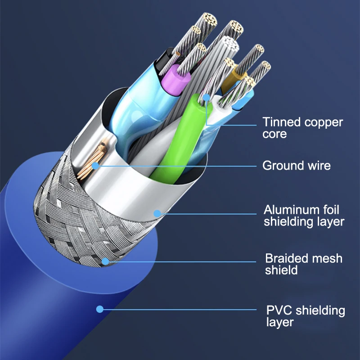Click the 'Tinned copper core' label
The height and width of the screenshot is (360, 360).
click(302, 128)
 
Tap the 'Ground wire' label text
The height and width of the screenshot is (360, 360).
click(296, 166)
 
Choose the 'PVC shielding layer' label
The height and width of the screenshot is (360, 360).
click(306, 316)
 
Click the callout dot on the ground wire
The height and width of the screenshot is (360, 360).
click(95, 166)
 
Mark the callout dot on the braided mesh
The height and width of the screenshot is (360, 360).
click(105, 261)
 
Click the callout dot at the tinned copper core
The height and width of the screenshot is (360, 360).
click(207, 97)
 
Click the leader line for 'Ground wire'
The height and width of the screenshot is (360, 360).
click(180, 166)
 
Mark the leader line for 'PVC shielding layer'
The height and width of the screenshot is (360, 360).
click(180, 309)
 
